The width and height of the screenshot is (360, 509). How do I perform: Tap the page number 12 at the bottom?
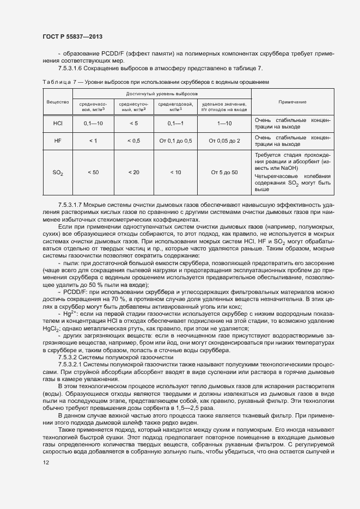click(45, 463)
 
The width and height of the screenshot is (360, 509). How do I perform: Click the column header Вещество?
click(57, 102)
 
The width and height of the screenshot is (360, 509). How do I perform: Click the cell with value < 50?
click(93, 172)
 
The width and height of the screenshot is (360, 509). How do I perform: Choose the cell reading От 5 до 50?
click(224, 172)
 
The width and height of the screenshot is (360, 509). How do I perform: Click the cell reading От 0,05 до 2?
click(224, 140)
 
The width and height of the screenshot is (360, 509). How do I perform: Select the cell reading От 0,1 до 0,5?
click(175, 140)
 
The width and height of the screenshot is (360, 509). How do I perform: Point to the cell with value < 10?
click(175, 172)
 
